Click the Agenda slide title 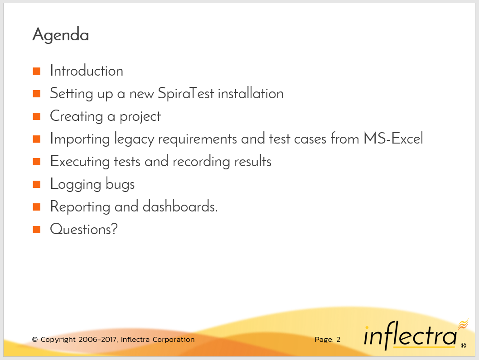[x=61, y=35]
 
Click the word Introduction [x=87, y=71]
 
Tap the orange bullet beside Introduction [x=37, y=71]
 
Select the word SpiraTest [x=186, y=93]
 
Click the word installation [x=251, y=93]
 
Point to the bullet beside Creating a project [x=37, y=116]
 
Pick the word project [x=140, y=117]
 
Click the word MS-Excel [x=393, y=139]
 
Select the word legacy [x=134, y=139]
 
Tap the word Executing [x=80, y=162]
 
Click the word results [x=253, y=161]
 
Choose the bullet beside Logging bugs [x=37, y=184]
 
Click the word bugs [x=121, y=185]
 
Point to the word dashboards [x=180, y=206]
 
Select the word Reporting [x=80, y=207]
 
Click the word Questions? [x=84, y=229]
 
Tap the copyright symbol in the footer [x=35, y=340]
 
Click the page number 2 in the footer [x=339, y=340]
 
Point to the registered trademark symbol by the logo [x=464, y=346]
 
